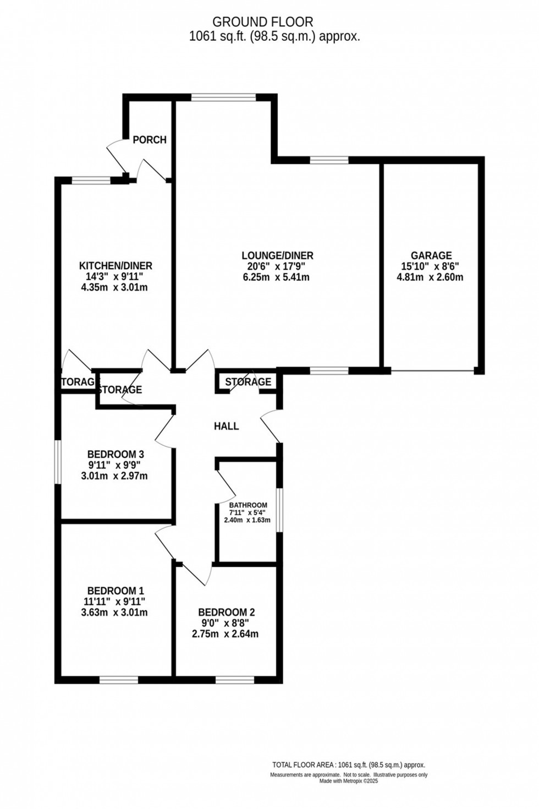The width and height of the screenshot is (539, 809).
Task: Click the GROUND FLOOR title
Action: pos(263,22)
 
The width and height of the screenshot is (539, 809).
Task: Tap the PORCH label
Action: pos(150,140)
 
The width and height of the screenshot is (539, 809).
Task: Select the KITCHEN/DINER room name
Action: pos(116,266)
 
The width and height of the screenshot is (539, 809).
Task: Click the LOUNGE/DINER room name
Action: pos(277,255)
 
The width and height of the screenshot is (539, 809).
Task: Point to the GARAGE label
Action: pos(431,255)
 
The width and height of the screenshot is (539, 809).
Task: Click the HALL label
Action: pos(227,426)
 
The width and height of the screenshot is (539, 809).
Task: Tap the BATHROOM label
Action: pos(248,505)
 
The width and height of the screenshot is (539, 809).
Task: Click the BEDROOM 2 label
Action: pos(226,613)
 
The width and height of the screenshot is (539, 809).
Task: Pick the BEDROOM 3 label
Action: pos(116,455)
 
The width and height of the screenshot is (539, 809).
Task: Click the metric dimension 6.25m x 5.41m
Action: pos(276,277)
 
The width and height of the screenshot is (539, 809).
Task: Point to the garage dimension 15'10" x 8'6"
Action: pos(431,266)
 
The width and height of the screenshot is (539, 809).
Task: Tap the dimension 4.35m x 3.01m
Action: pos(114,287)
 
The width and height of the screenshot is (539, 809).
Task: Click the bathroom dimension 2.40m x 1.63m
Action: pos(247,520)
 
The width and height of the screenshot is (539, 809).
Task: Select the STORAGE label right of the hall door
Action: pos(248,382)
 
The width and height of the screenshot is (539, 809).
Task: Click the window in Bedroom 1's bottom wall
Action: pos(119,680)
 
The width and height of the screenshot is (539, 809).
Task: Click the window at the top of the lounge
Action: pos(223,97)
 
